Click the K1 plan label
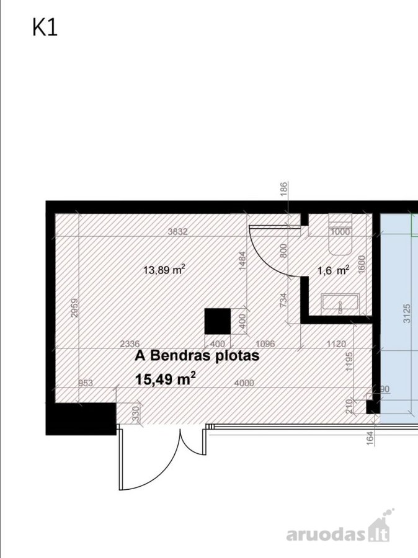coord(45,28)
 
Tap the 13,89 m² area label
coord(164,270)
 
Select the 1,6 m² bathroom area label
coord(333,270)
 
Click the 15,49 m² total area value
coord(166,378)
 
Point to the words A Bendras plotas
coord(197,355)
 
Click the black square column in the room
coord(218,321)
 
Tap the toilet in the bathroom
coord(340,234)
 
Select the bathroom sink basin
coord(340,304)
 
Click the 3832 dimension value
coord(177,232)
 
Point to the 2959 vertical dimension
coord(74,308)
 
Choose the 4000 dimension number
coord(244,383)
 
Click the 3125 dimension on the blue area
coord(407,313)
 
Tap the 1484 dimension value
coord(243,261)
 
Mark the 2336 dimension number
coord(130,343)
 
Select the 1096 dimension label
coord(265,343)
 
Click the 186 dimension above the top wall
coord(283,190)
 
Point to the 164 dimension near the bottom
coord(370,438)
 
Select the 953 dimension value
coord(86,383)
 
